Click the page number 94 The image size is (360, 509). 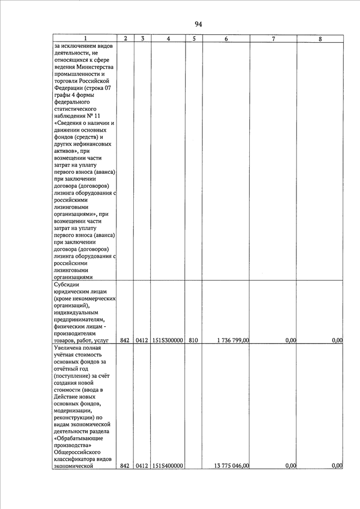point(198,24)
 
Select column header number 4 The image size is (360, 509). point(169,38)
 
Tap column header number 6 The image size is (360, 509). point(226,38)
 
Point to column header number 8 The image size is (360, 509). point(320,38)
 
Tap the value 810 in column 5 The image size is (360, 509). point(193,340)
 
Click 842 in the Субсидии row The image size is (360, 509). point(125,340)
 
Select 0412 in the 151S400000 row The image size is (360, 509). point(142,466)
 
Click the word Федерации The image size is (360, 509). point(69,89)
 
